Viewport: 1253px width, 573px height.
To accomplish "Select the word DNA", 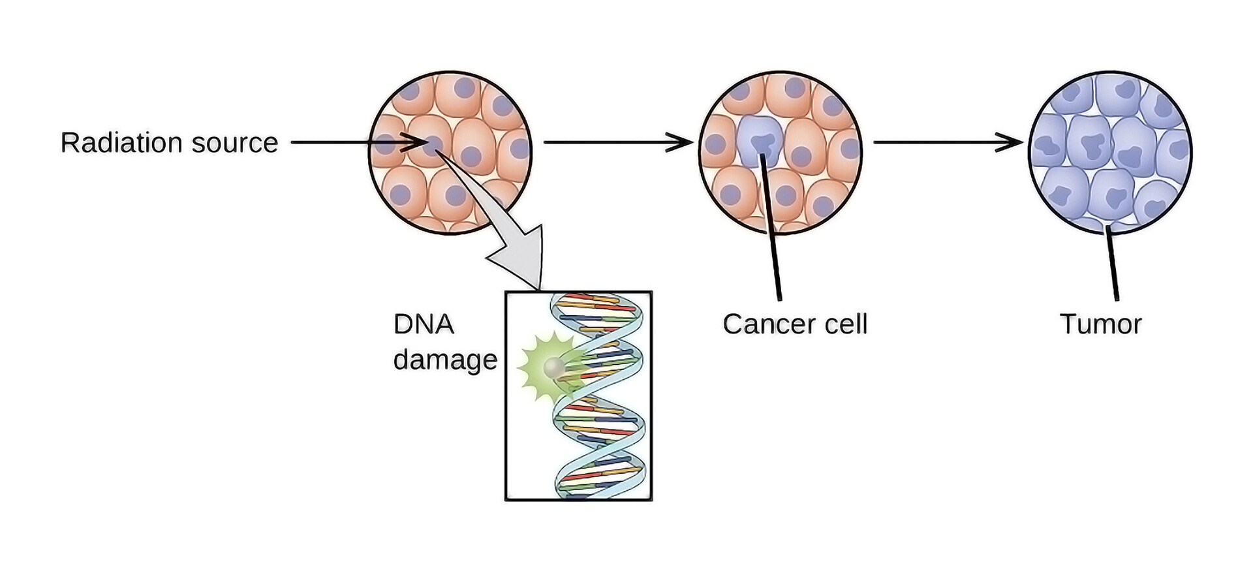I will pos(423,324).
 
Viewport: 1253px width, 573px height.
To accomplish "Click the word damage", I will pos(445,360).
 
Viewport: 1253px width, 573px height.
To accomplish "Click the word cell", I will pos(846,324).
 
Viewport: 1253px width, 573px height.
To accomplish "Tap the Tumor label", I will pos(1100,324).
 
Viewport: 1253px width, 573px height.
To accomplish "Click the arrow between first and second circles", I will pos(617,142).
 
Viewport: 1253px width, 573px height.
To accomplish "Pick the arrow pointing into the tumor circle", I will pos(946,142).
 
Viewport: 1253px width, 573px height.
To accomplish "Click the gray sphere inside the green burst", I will pos(554,367).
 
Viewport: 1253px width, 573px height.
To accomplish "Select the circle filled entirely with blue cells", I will pos(1110,152).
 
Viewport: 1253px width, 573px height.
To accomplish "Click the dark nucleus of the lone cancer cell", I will pos(761,144).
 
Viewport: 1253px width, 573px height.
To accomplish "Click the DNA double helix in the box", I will pos(599,398).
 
